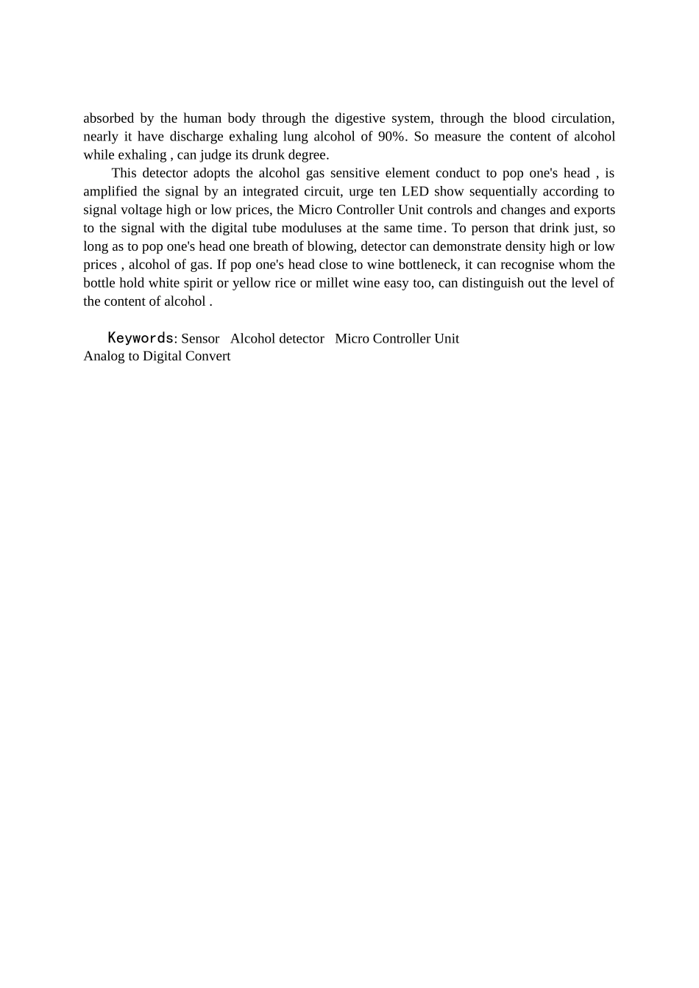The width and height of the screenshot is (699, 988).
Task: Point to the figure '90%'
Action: click(x=391, y=137)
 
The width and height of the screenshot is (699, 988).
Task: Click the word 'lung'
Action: click(x=295, y=137)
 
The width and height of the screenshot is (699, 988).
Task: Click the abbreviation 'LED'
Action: click(x=415, y=192)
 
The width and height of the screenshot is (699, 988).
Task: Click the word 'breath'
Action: click(x=270, y=246)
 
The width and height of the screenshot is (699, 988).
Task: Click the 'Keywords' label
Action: click(x=141, y=338)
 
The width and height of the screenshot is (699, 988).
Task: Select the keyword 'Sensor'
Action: click(x=200, y=339)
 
